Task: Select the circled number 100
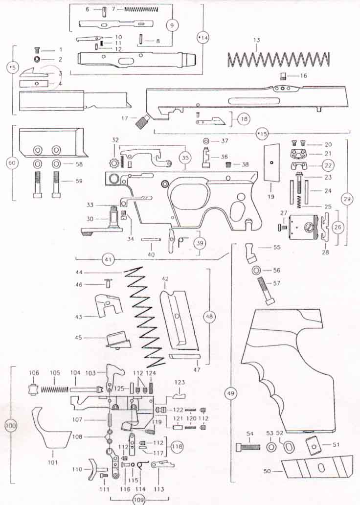point(10,426)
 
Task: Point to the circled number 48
point(210,317)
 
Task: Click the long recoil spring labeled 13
point(279,60)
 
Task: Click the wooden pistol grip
point(289,372)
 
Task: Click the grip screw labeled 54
point(247,447)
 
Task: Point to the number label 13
point(255,40)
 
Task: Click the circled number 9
point(171,26)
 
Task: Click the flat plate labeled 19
point(271,161)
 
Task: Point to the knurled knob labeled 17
point(142,121)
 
